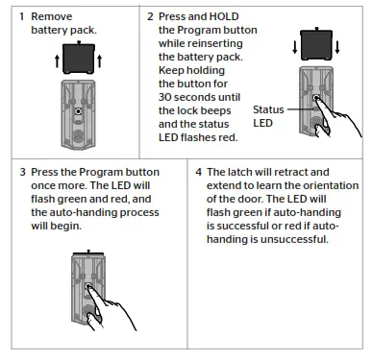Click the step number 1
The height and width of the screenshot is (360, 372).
click(21, 16)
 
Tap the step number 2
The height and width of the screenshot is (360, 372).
click(150, 16)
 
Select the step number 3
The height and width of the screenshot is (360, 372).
click(22, 172)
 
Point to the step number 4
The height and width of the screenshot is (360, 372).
click(199, 172)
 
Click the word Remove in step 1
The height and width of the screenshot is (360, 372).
click(52, 16)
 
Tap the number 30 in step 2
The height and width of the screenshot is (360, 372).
click(164, 97)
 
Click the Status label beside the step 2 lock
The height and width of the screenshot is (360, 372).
click(268, 109)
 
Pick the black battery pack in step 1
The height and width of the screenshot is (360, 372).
click(79, 58)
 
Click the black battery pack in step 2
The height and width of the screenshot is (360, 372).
click(316, 44)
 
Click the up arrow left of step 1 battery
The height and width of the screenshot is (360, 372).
click(57, 61)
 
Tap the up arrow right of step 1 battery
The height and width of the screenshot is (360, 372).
click(100, 61)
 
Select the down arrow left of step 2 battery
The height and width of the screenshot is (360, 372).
click(295, 47)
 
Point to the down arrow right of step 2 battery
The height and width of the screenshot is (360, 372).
click(337, 47)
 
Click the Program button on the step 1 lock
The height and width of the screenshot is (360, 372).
click(78, 111)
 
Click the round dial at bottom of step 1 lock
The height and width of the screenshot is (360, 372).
click(78, 136)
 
